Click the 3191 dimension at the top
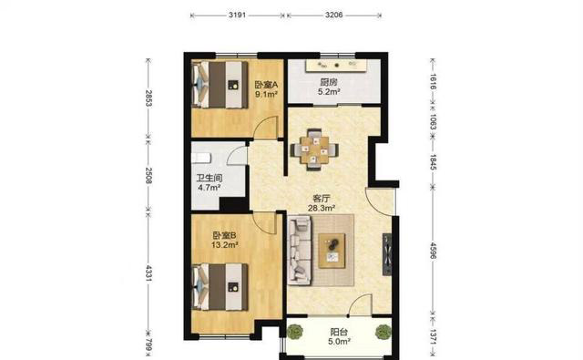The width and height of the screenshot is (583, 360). coord(237,15)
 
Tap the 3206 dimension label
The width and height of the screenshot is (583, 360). coord(333,15)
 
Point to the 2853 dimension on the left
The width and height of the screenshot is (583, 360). coord(148,98)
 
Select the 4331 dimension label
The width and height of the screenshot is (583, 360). coord(148,273)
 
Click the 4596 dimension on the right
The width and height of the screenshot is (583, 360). coord(433,251)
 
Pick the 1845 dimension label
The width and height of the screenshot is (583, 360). coord(433,162)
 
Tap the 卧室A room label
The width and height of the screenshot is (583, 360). coord(266,85)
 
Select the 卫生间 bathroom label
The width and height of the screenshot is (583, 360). coord(210,178)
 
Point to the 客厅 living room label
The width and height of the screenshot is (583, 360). coord(322,199)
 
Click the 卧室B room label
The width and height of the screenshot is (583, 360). coord(224,235)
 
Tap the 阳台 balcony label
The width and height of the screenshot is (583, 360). coord(339,332)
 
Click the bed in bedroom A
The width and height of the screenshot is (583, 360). coord(220,85)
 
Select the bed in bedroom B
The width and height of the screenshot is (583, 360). coord(220,287)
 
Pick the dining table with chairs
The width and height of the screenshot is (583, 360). coord(314,149)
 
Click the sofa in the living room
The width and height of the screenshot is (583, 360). coord(300,251)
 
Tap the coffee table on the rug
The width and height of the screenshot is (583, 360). coord(332,251)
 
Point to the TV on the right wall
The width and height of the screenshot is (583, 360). coord(387,254)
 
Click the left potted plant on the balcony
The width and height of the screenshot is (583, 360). coord(295,332)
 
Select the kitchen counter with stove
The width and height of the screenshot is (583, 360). coord(336,66)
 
